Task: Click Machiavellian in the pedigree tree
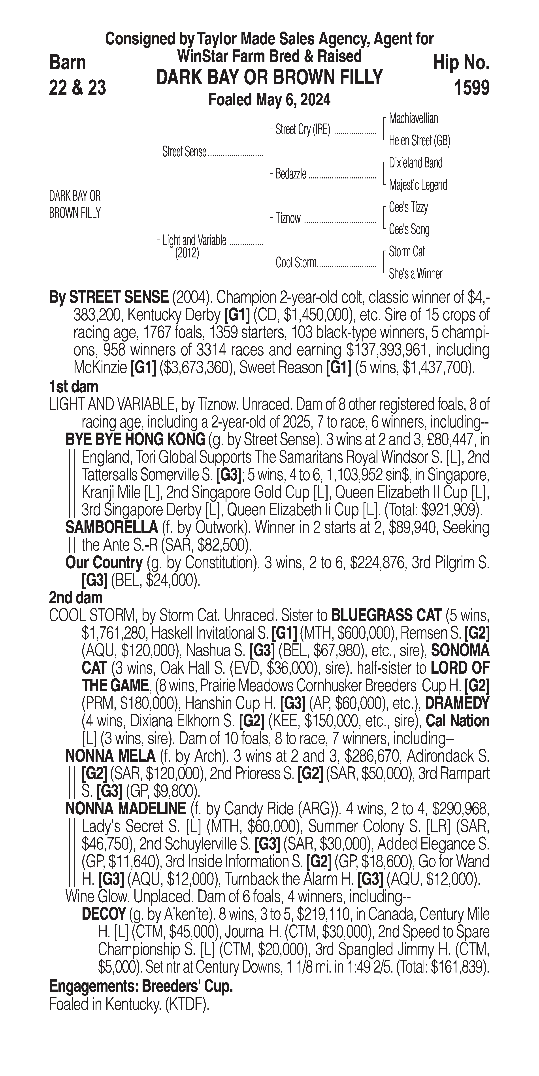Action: [x=413, y=119]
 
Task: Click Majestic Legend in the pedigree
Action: [x=418, y=185]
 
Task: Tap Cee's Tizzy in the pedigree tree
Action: [x=408, y=207]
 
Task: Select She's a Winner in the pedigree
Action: [x=415, y=274]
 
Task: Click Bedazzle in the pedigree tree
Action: [x=291, y=174]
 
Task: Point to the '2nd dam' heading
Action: [x=76, y=598]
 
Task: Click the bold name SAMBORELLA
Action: [x=112, y=528]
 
